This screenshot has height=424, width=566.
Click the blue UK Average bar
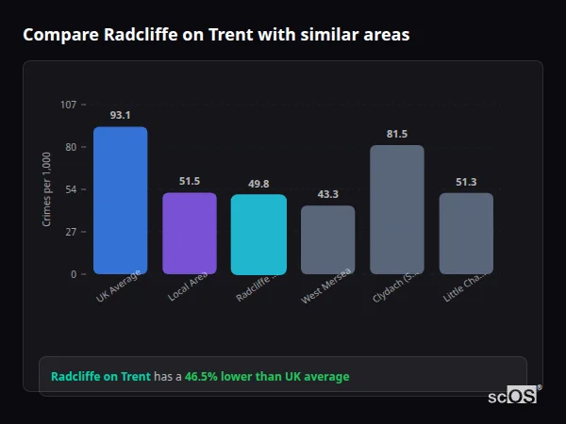click(x=120, y=200)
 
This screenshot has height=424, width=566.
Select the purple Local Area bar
click(x=190, y=234)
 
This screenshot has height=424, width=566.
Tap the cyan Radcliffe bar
click(x=258, y=235)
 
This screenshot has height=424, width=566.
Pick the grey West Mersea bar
click(x=328, y=240)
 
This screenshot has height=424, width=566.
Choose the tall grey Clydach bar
click(x=397, y=209)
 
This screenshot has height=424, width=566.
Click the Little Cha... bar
click(x=466, y=234)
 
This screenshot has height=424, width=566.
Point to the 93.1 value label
click(x=120, y=115)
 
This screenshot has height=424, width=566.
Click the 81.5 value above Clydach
click(x=397, y=134)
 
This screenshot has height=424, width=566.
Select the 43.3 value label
click(x=328, y=194)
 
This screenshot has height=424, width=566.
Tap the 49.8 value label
click(x=258, y=184)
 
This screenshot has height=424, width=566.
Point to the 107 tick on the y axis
click(x=68, y=105)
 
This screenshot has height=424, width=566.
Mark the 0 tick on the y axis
click(x=73, y=274)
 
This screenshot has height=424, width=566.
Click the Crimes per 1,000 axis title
click(x=47, y=188)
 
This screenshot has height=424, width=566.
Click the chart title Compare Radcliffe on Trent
click(x=216, y=35)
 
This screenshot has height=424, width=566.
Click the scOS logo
click(x=512, y=396)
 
